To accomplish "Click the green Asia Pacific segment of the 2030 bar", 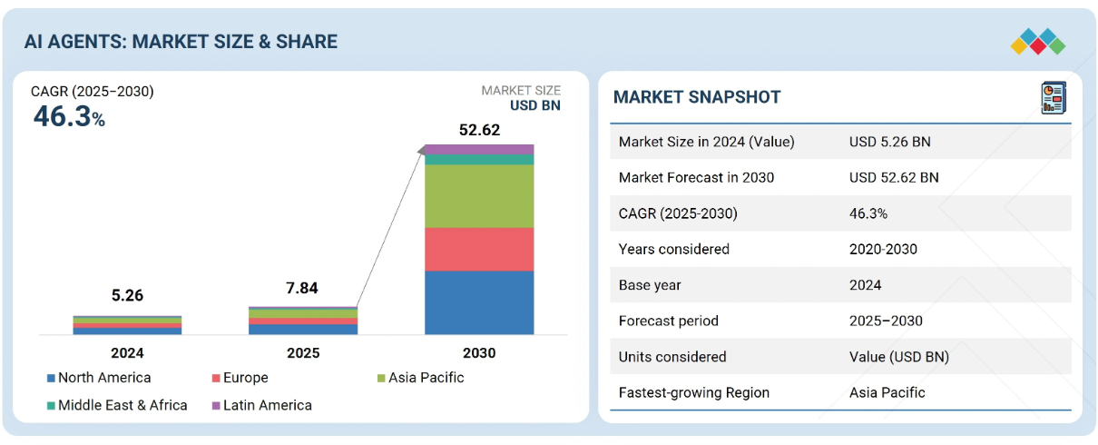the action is pyautogui.click(x=479, y=196).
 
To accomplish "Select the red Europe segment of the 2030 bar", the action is pyautogui.click(x=479, y=249).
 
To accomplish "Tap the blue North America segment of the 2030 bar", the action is pyautogui.click(x=479, y=302).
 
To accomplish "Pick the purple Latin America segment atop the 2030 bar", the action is pyautogui.click(x=479, y=149).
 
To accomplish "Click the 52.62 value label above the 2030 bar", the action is pyautogui.click(x=479, y=130).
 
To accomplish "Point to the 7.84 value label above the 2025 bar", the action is pyautogui.click(x=302, y=288).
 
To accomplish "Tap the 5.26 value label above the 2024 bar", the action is pyautogui.click(x=127, y=295).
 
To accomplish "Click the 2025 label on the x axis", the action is pyautogui.click(x=303, y=353).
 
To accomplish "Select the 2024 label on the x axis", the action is pyautogui.click(x=127, y=353).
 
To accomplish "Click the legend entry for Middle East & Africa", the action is pyautogui.click(x=117, y=405).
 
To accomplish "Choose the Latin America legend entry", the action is pyautogui.click(x=261, y=405).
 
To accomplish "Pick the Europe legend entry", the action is pyautogui.click(x=240, y=378).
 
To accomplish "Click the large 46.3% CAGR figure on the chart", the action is pyautogui.click(x=69, y=117).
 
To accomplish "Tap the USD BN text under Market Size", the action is pyautogui.click(x=535, y=105).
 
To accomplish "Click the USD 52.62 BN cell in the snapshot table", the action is pyautogui.click(x=894, y=178).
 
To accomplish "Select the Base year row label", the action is pyautogui.click(x=650, y=285).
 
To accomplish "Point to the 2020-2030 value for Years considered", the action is pyautogui.click(x=883, y=249).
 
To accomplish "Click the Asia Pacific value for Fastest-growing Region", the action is pyautogui.click(x=887, y=392).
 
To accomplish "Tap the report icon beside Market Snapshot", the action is pyautogui.click(x=1054, y=98).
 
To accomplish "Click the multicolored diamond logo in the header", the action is pyautogui.click(x=1038, y=41).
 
